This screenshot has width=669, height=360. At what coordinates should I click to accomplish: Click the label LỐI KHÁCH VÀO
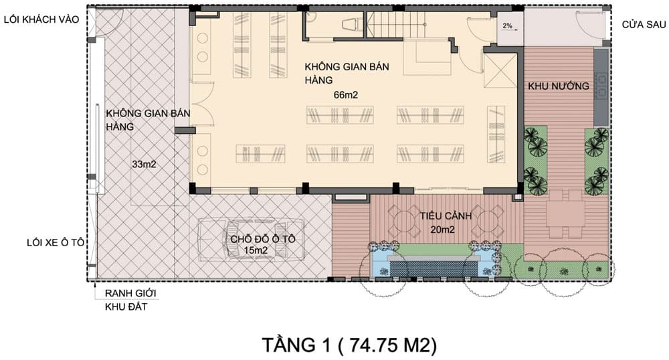pyautogui.click(x=41, y=19)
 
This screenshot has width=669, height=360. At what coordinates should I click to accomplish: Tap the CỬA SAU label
pyautogui.click(x=644, y=25)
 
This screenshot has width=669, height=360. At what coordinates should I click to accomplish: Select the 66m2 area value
pyautogui.click(x=346, y=95)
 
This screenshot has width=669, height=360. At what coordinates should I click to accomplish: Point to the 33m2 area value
pyautogui.click(x=145, y=164)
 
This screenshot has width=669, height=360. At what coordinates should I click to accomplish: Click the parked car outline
pyautogui.click(x=252, y=240)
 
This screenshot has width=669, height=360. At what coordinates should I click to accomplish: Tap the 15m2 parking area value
pyautogui.click(x=256, y=250)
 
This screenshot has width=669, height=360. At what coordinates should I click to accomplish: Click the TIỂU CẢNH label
pyautogui.click(x=446, y=216)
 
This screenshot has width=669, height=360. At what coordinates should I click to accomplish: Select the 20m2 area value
pyautogui.click(x=442, y=230)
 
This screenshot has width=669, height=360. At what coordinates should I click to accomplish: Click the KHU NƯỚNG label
pyautogui.click(x=559, y=86)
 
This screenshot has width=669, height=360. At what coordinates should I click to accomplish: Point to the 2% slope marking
pyautogui.click(x=507, y=26)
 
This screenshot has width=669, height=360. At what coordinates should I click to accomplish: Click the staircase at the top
pyautogui.click(x=396, y=25)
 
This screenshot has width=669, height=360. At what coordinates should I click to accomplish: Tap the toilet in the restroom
pyautogui.click(x=352, y=24)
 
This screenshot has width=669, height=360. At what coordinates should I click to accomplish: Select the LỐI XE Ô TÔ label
pyautogui.click(x=56, y=243)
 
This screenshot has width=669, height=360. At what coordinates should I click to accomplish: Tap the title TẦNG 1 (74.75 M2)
pyautogui.click(x=349, y=345)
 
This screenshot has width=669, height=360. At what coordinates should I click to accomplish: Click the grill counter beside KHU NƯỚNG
pyautogui.click(x=601, y=88)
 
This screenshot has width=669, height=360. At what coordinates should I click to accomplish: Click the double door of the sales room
pyautogui.click(x=203, y=104)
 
